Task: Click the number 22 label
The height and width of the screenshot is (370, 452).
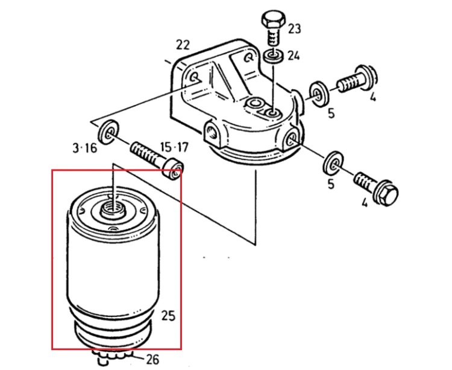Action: pyautogui.click(x=183, y=45)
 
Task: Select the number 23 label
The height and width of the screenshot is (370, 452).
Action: pyautogui.click(x=294, y=28)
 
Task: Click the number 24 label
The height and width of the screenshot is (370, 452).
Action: pyautogui.click(x=293, y=56)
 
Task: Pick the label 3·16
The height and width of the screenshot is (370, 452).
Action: pyautogui.click(x=85, y=148)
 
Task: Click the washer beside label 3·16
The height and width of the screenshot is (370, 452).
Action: pyautogui.click(x=108, y=132)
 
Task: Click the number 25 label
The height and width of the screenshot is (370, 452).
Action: pyautogui.click(x=168, y=316)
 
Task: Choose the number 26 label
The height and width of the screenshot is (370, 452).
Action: pyautogui.click(x=152, y=359)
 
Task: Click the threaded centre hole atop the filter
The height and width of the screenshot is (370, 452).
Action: pyautogui.click(x=113, y=209)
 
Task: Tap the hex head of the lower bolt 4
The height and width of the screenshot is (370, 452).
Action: pyautogui.click(x=387, y=193)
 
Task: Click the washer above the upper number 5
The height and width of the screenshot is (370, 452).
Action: pyautogui.click(x=318, y=93)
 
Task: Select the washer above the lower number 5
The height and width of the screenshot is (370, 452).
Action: pyautogui.click(x=334, y=165)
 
